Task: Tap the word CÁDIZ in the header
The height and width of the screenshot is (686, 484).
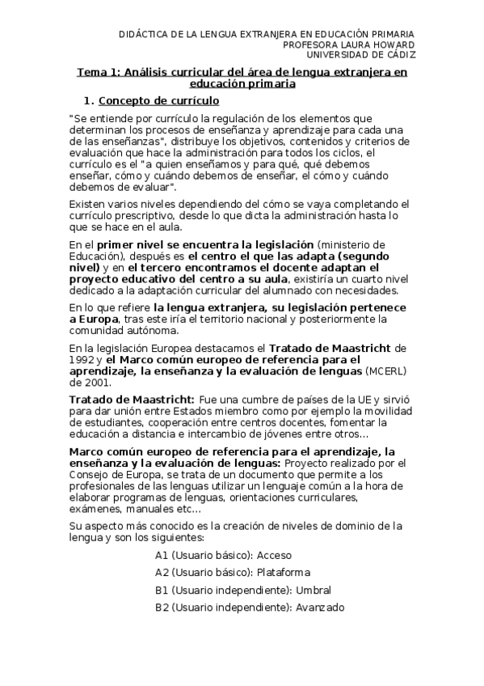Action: (396, 55)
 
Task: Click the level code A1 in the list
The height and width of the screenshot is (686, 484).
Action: (162, 556)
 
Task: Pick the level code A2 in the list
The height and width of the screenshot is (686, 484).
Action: (162, 573)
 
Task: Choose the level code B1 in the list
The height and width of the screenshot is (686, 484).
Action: (162, 590)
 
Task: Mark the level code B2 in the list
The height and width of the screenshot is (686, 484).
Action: (162, 607)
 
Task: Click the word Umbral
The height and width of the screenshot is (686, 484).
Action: (314, 590)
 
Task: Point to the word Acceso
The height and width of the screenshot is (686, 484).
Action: (275, 556)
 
